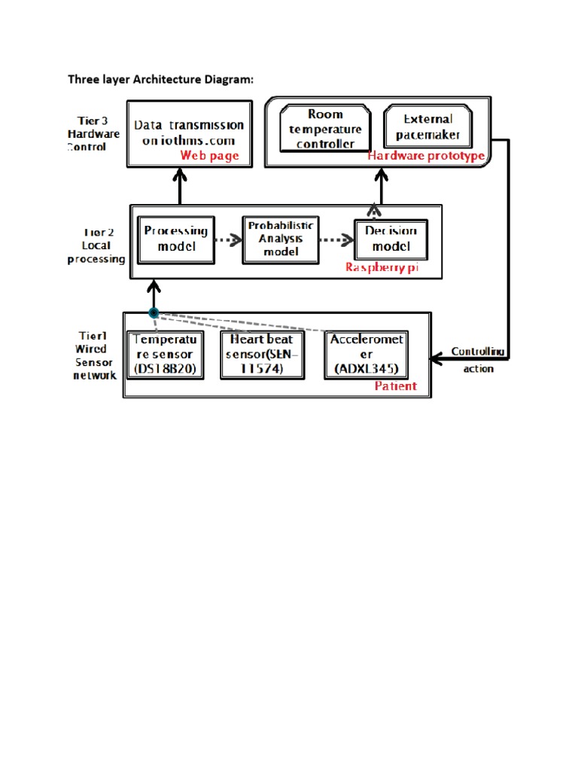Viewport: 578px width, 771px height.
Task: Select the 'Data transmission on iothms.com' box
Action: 188,133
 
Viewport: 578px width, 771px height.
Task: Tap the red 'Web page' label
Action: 209,156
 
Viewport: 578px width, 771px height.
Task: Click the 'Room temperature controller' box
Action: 325,129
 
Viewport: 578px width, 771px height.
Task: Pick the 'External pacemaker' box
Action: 427,128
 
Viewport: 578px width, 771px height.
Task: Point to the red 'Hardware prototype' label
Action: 425,156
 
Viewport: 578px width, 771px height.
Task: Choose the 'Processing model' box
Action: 176,239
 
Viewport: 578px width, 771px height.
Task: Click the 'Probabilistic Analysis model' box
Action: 281,239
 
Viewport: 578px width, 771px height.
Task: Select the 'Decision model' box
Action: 391,239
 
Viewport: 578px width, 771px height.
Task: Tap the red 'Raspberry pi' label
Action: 382,267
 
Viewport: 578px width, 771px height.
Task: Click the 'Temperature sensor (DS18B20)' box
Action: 165,355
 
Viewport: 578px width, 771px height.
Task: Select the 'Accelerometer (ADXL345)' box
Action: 367,355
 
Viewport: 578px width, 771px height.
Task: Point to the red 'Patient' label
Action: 395,386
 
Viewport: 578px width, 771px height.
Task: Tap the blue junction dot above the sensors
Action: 154,312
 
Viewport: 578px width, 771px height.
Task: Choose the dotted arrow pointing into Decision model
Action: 336,240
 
